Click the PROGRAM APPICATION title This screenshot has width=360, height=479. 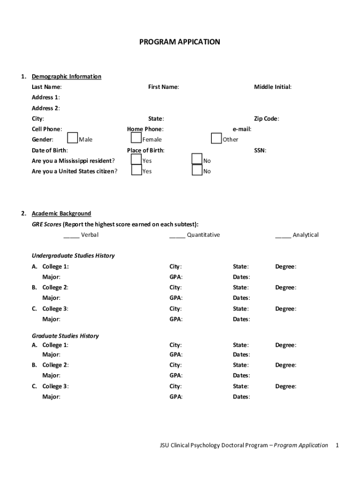pyautogui.click(x=180, y=42)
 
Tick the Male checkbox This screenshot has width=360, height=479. pyautogui.click(x=72, y=138)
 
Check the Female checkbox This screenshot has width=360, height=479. pyautogui.click(x=136, y=138)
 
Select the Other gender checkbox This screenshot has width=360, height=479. pyautogui.click(x=216, y=138)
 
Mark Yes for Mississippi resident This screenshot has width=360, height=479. pyautogui.click(x=136, y=160)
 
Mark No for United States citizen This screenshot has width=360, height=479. pyautogui.click(x=197, y=170)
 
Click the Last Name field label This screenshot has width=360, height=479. pyautogui.click(x=46, y=87)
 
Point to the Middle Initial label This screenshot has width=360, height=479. pyautogui.click(x=273, y=87)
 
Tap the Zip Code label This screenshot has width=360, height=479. pyautogui.click(x=266, y=119)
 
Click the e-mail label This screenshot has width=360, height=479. pyautogui.click(x=242, y=129)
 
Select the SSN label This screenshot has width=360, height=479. pyautogui.click(x=260, y=151)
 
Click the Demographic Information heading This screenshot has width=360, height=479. pyautogui.click(x=66, y=77)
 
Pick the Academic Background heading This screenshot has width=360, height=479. pyautogui.click(x=61, y=214)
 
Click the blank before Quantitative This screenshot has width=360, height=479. pyautogui.click(x=177, y=235)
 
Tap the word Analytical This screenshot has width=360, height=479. pyautogui.click(x=305, y=235)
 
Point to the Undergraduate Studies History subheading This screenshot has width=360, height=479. pyautogui.click(x=73, y=256)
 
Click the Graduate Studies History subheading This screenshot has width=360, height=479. pyautogui.click(x=65, y=336)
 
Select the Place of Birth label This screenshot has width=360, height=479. pyautogui.click(x=145, y=151)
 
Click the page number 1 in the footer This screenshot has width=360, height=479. pyautogui.click(x=337, y=445)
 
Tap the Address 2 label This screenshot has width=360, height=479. pyautogui.click(x=45, y=108)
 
